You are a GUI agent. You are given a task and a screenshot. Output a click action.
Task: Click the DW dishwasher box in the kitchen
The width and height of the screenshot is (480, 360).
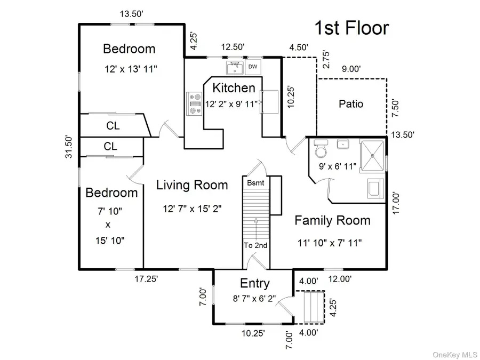point(253,67)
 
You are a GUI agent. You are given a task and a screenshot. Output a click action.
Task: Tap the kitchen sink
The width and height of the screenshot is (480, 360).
point(235,68)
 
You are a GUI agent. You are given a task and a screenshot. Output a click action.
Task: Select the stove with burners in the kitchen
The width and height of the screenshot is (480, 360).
point(194,103)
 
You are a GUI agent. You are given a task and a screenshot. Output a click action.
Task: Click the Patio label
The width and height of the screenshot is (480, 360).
point(351,104)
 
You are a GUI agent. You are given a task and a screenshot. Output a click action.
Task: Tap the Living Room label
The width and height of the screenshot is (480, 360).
point(192,185)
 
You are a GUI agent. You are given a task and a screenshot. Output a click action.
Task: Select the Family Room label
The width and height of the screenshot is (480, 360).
point(332,220)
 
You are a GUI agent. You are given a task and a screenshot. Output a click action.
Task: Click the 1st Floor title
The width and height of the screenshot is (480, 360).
point(352,28)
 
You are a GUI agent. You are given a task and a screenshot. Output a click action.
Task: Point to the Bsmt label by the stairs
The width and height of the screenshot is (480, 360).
point(255,183)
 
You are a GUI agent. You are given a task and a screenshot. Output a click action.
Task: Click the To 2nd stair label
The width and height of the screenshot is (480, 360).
point(255,245)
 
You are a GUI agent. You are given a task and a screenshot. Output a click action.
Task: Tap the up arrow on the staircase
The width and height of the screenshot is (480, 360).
point(256,228)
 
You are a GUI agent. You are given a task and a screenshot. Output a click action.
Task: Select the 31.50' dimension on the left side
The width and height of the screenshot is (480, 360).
point(69,147)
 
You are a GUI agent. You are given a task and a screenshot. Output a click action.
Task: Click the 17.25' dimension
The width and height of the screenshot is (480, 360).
point(146,279)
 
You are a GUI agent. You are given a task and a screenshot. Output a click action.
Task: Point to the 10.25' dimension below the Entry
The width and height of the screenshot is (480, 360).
point(253,333)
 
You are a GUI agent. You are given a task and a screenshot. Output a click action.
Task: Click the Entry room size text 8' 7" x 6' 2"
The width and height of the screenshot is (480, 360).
point(254,298)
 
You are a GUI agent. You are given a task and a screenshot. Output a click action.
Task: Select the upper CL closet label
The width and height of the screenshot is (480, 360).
point(113,125)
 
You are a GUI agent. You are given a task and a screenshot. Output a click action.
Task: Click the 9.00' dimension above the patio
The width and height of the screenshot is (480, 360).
point(351,69)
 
